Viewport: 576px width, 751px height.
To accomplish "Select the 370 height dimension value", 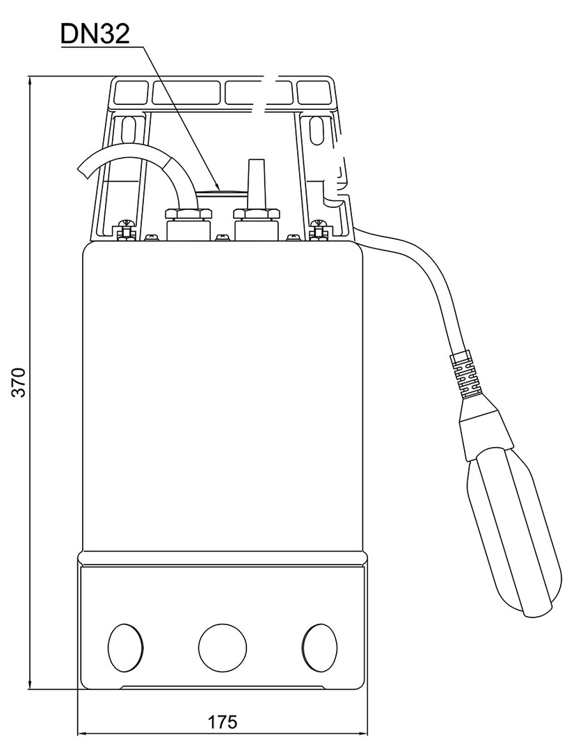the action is tap(19, 382).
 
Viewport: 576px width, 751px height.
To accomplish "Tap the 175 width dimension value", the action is tap(223, 722).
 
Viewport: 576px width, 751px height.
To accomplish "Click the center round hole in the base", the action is tap(223, 647).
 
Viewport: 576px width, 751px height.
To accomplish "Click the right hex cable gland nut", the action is tap(256, 213).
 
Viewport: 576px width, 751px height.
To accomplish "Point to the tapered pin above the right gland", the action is tap(255, 184).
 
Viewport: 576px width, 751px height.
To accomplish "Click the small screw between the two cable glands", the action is tap(223, 236).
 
